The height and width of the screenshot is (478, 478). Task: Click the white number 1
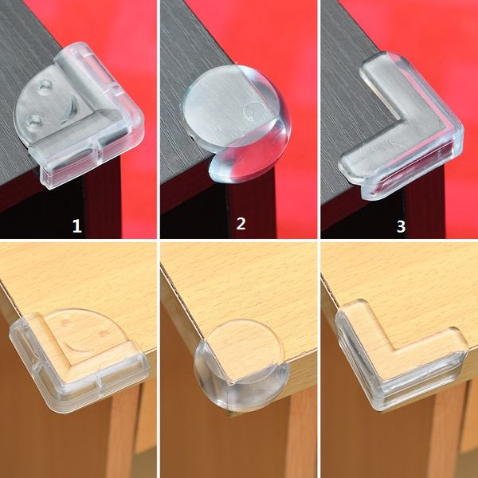coord(77,226)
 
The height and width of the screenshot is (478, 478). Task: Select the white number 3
coord(401,226)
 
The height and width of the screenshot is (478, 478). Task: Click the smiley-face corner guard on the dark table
coord(79,116)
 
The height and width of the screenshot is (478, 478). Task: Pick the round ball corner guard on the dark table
coord(237,122)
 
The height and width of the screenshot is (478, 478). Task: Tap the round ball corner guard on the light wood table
coord(241,366)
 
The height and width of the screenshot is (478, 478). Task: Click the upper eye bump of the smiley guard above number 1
coord(45,86)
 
